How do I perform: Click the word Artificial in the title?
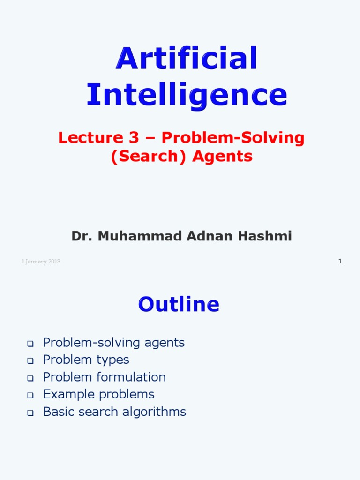[x=187, y=59]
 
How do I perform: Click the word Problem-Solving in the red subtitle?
[x=233, y=138]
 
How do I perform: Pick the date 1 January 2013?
[x=41, y=262]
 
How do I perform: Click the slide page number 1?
[x=340, y=261]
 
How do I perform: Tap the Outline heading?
[x=179, y=305]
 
